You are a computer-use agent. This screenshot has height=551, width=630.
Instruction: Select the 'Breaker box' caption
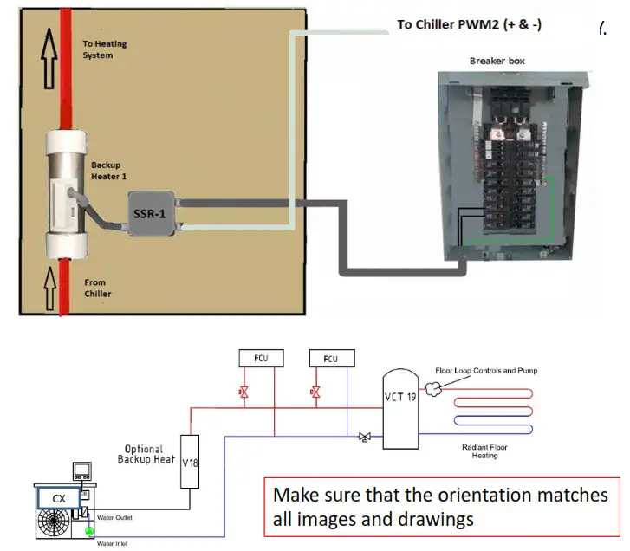(x=497, y=61)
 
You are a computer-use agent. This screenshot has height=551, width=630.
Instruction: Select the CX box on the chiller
(x=58, y=498)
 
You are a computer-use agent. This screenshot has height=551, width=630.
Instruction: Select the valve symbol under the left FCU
(x=244, y=393)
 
